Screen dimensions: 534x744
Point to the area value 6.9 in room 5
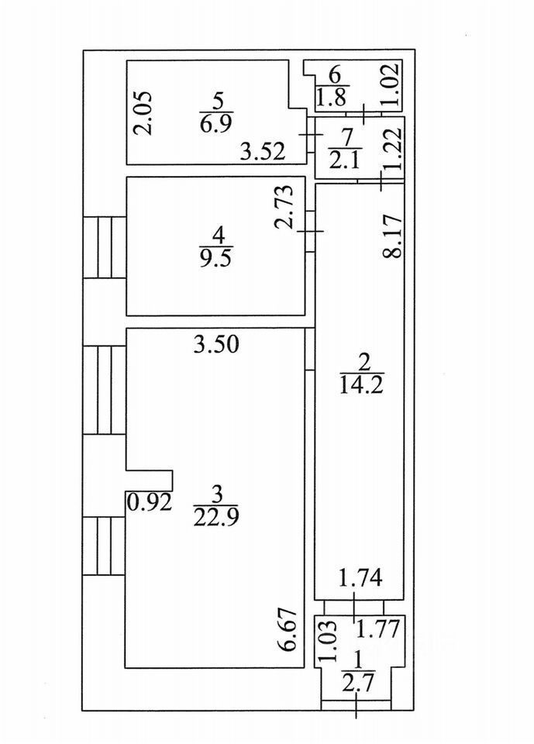(216, 120)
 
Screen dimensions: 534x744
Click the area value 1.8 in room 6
(333, 97)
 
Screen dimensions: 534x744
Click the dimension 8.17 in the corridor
(394, 236)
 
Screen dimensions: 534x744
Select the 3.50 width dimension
(216, 345)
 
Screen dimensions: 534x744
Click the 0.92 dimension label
(150, 501)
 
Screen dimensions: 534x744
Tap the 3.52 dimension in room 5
(262, 152)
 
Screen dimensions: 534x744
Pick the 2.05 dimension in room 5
(146, 114)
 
